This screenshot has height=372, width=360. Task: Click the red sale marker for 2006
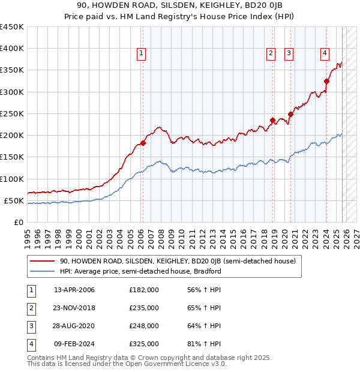click(143, 143)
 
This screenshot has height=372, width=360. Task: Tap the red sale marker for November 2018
click(272, 120)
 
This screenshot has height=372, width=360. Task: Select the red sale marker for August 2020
click(290, 114)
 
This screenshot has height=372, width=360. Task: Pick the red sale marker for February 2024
click(326, 81)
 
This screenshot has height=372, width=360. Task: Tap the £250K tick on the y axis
click(12, 113)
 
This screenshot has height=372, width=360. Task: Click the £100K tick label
click(12, 179)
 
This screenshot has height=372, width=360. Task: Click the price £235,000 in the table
click(144, 308)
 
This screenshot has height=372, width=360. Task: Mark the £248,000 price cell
click(144, 326)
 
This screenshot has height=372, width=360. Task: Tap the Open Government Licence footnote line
click(127, 364)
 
